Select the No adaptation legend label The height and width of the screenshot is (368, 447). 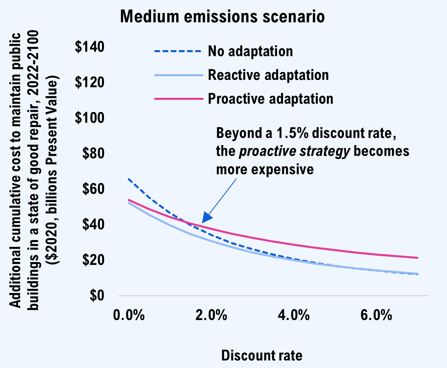point(250,51)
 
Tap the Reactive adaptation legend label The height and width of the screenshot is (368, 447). point(268,75)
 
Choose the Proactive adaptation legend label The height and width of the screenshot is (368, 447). point(270,99)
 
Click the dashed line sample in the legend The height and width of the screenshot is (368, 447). point(178,51)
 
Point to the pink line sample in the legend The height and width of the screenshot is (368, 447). point(178,99)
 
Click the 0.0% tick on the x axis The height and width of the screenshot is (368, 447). point(129,315)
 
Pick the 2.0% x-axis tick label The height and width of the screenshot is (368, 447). point(211,315)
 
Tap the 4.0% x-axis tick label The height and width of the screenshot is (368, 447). point(294,315)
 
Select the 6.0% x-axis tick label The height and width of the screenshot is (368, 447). point(376,315)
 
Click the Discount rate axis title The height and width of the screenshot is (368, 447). point(262,355)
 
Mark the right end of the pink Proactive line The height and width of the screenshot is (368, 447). point(418,258)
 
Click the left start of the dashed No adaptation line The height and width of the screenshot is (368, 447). point(128,179)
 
